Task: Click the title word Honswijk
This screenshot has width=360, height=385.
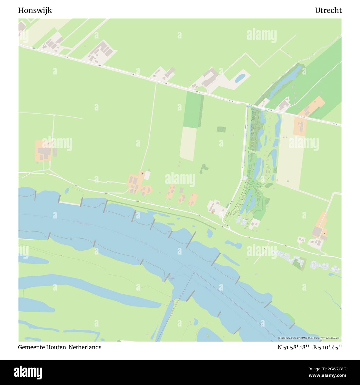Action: click(x=35, y=11)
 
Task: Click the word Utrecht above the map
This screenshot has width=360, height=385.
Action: click(x=328, y=11)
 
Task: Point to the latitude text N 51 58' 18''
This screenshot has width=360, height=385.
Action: click(x=293, y=347)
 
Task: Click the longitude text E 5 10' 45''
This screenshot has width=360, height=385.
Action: click(x=328, y=347)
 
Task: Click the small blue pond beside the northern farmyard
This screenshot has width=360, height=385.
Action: click(x=240, y=78)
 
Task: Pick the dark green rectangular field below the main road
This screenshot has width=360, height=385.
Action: click(x=193, y=110)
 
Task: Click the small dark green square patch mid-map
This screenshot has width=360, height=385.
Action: click(x=221, y=129)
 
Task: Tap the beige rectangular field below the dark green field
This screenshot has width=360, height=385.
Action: click(x=188, y=144)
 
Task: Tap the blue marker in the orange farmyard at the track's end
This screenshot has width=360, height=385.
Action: click(x=142, y=173)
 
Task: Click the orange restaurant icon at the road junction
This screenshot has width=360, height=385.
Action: click(x=212, y=212)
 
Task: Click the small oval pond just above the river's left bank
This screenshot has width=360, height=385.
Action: click(x=67, y=191)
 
